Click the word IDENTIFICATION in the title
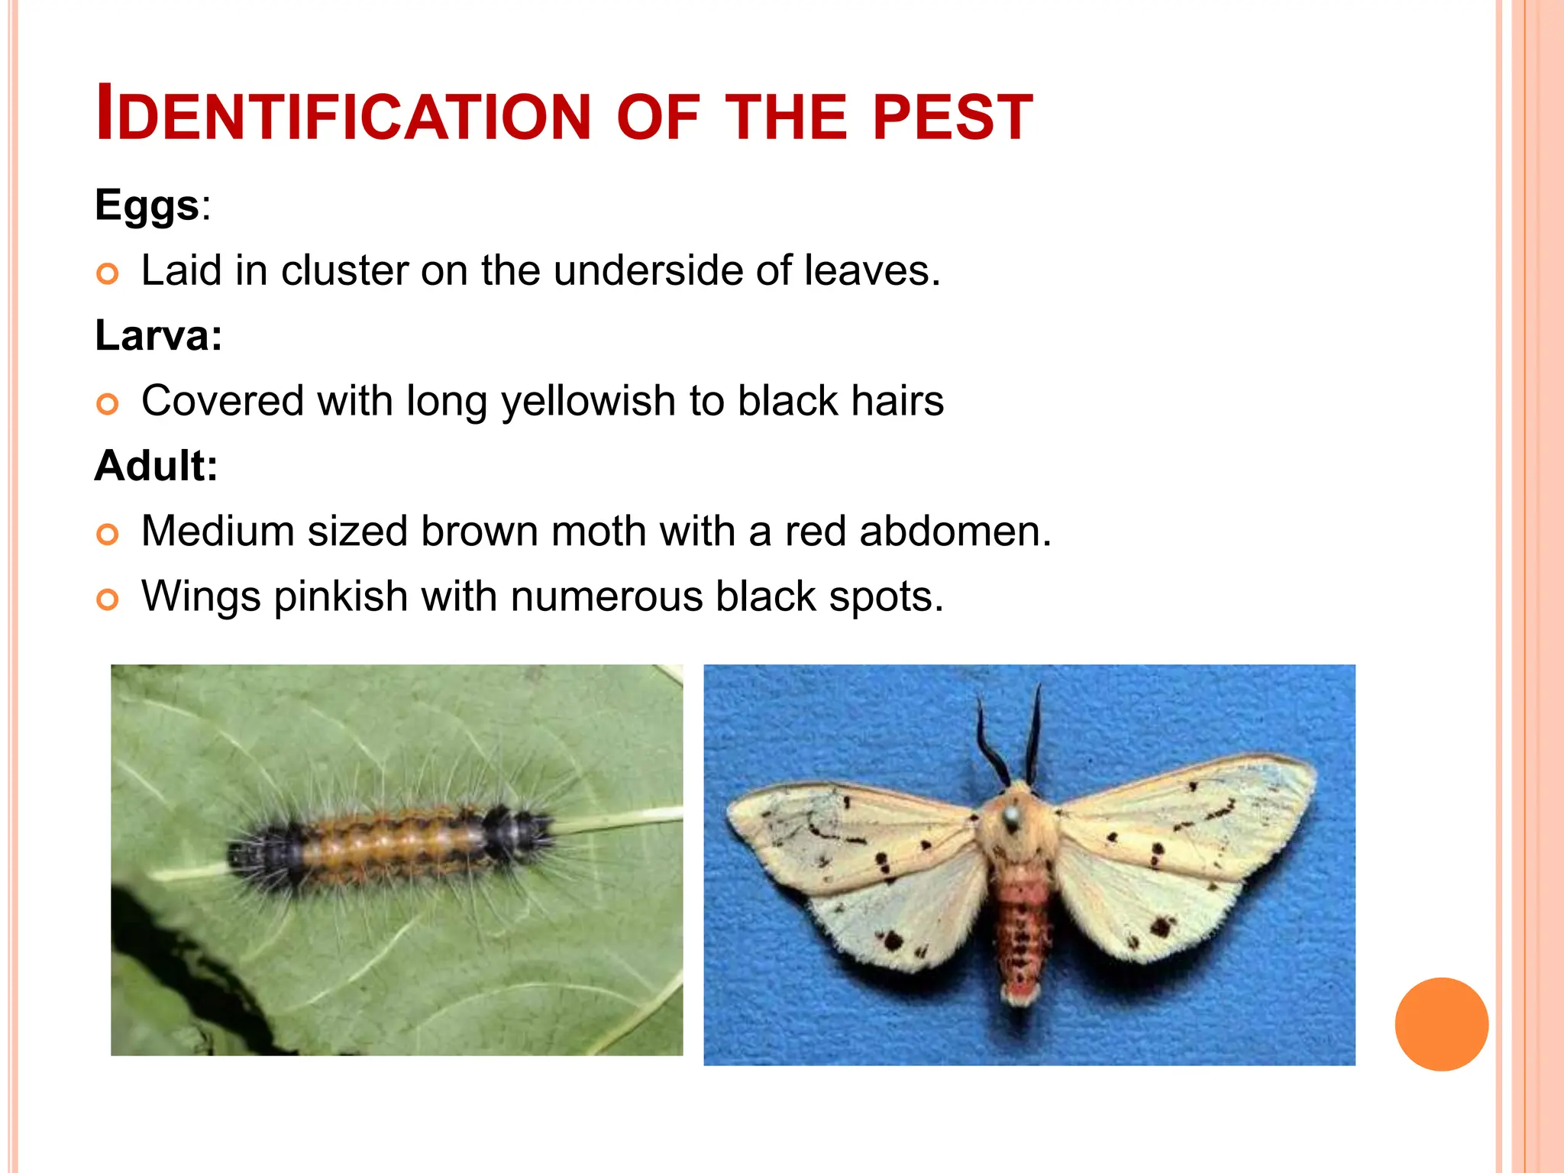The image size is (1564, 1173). click(x=343, y=115)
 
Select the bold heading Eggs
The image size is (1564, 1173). click(x=147, y=206)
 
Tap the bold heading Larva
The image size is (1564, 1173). click(x=157, y=336)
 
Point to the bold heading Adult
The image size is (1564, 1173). click(x=155, y=466)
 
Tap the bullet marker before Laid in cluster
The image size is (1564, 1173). click(x=108, y=273)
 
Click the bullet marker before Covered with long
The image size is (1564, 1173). click(x=108, y=404)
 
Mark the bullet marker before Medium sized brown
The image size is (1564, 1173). click(x=108, y=535)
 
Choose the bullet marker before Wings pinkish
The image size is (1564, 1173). click(x=108, y=599)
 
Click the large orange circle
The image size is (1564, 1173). click(x=1441, y=1024)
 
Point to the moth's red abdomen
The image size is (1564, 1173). click(x=1020, y=924)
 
